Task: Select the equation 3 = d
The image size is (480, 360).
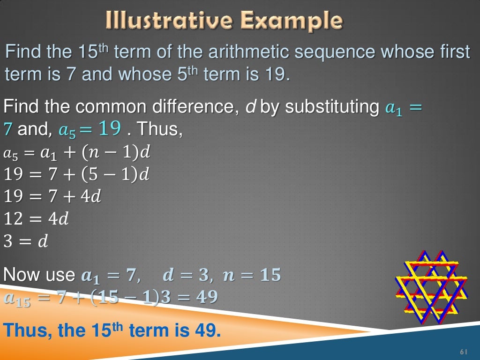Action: click(26, 242)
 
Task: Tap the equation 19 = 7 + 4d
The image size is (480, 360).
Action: click(52, 196)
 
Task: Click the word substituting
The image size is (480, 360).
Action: click(331, 107)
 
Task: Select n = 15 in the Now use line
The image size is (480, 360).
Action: click(252, 275)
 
